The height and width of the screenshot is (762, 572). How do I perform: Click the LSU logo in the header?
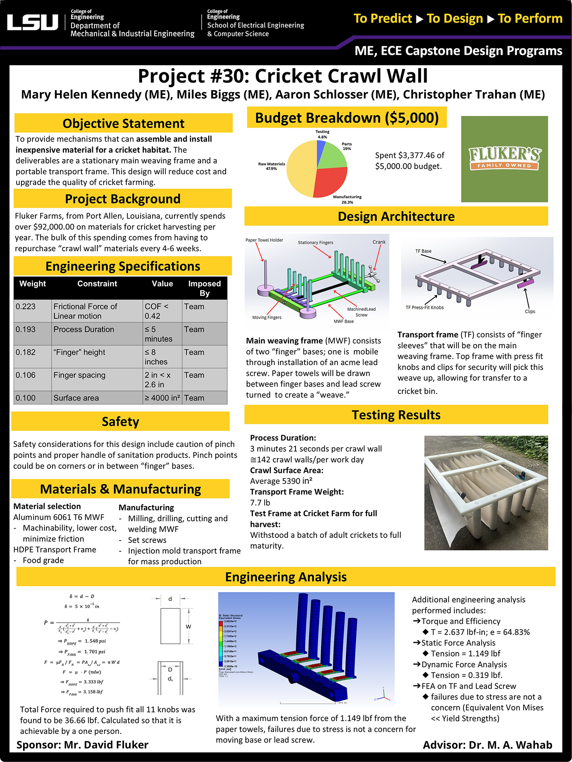(x=33, y=22)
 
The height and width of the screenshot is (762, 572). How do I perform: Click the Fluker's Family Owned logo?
(x=504, y=159)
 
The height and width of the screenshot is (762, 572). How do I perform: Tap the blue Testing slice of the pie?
(x=321, y=148)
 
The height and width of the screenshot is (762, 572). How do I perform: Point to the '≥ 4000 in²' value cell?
(x=162, y=398)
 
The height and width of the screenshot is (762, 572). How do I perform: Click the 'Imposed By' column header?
(x=204, y=288)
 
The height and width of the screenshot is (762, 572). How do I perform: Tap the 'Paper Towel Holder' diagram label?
(x=264, y=240)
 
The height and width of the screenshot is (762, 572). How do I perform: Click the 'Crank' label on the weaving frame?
(x=379, y=242)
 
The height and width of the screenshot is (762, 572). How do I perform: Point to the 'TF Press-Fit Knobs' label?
(x=425, y=308)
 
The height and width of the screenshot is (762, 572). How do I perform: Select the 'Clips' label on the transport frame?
(x=530, y=312)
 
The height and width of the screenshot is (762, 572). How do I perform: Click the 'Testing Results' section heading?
(x=396, y=415)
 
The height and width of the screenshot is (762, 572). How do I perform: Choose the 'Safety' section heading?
(x=120, y=421)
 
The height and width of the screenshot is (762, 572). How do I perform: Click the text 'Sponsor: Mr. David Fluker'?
(x=83, y=745)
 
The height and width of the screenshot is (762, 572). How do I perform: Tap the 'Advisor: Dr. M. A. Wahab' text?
(x=487, y=745)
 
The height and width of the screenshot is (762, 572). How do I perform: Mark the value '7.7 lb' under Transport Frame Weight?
(x=260, y=503)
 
